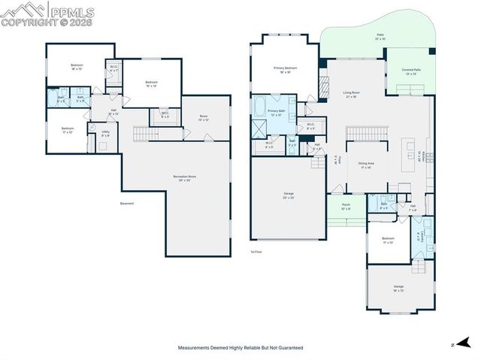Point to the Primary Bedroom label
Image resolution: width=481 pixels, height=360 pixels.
[x=286, y=70]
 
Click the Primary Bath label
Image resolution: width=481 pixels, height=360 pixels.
[x=277, y=113]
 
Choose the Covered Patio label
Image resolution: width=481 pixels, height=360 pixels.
[x=411, y=71]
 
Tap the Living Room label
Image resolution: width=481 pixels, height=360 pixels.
[x=350, y=95]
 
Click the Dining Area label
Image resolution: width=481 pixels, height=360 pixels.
[x=366, y=167]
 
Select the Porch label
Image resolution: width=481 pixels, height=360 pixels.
[x=345, y=207]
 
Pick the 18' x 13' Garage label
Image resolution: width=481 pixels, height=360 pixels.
[x=398, y=288]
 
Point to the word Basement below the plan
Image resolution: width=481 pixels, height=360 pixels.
[x=127, y=203]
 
